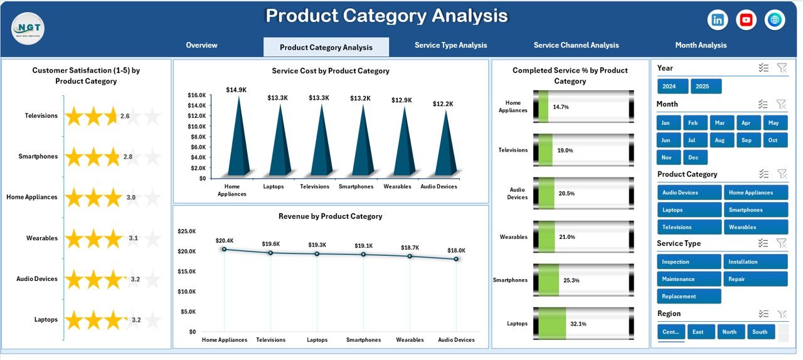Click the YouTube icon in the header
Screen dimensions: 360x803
click(x=746, y=20)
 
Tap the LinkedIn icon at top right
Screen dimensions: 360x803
click(x=717, y=20)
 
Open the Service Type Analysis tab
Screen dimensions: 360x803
click(x=450, y=45)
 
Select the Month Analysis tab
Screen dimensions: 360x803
click(x=701, y=45)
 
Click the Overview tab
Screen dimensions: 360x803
click(x=201, y=45)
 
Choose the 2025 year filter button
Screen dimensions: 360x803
click(x=706, y=87)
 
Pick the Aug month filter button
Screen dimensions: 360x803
click(x=720, y=140)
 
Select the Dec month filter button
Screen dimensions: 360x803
click(x=693, y=157)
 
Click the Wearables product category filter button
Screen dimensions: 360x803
click(x=755, y=227)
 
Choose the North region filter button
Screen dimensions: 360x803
click(x=729, y=332)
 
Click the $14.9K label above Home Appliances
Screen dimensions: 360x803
click(x=237, y=90)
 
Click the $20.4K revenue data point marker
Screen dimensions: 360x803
click(x=225, y=249)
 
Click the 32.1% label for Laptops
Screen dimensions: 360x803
click(x=578, y=324)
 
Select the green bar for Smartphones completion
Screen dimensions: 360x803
click(x=548, y=280)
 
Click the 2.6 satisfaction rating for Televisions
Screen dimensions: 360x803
click(x=125, y=116)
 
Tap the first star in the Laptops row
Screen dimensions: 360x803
click(x=75, y=320)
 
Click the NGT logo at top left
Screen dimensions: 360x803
click(x=28, y=28)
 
